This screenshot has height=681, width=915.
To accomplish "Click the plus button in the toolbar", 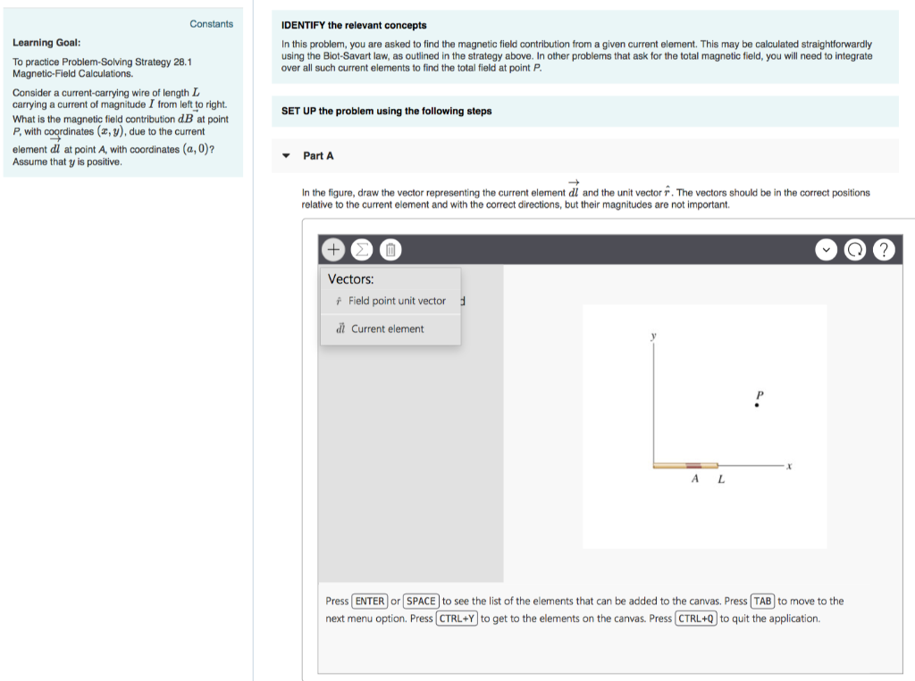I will tap(332, 249).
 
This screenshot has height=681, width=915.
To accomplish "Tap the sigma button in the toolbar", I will tap(362, 249).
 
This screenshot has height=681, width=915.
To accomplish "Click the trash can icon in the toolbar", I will tap(391, 249).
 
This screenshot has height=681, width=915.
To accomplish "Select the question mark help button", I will tap(884, 250).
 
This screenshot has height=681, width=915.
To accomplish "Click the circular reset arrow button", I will tap(855, 250).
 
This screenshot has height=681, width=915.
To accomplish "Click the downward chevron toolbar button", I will tap(826, 250).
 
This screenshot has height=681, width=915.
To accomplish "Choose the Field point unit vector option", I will tap(390, 301).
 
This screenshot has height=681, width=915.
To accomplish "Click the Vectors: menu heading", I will tap(351, 278).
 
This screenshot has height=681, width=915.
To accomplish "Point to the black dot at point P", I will tap(758, 406).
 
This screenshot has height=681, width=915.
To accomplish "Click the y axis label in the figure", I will tap(653, 336).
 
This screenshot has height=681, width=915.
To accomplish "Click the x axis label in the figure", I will tap(789, 466).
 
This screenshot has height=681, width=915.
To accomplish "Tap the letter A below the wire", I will tap(694, 479).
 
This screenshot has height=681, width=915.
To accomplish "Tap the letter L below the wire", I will tap(721, 479).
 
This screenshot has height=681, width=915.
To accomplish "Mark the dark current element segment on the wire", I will tap(693, 465).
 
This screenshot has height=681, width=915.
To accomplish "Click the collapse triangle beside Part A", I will tap(286, 155).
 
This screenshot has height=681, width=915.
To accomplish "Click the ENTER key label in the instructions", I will tap(370, 601).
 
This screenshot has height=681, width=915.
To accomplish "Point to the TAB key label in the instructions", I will tap(762, 601).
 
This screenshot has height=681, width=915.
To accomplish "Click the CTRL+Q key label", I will tap(696, 619).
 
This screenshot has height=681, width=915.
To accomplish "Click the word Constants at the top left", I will tap(211, 24).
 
